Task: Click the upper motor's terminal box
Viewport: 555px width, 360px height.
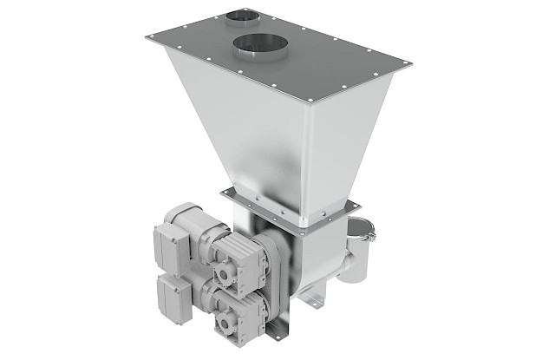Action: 172,235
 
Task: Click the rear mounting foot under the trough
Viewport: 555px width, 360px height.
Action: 320,300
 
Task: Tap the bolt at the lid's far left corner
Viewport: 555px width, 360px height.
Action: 151,36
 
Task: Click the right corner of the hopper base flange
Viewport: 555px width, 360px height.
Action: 355,205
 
